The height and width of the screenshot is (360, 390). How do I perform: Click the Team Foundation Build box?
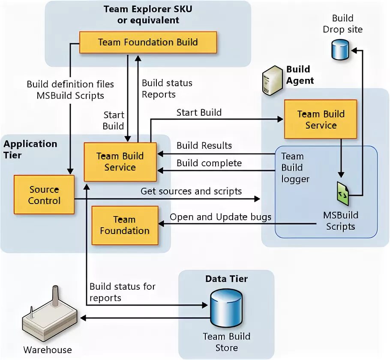point(148,42)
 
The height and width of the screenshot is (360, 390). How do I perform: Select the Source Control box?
point(44,195)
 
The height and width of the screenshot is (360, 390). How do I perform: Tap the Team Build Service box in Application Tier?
point(120,162)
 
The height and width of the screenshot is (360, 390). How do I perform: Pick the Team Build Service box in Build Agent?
point(321,120)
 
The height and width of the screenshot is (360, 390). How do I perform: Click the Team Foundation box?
point(124,225)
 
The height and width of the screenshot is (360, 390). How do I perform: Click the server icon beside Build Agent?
point(272,81)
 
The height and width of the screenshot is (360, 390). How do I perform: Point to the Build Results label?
point(204,146)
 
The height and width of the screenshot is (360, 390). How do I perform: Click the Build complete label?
point(209,163)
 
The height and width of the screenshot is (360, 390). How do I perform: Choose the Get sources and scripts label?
point(191,191)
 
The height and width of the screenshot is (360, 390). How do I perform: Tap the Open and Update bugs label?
point(220,217)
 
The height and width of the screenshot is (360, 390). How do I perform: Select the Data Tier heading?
point(226,279)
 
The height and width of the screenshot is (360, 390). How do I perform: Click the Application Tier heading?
point(30,149)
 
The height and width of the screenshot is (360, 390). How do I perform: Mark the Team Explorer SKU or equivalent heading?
point(148,15)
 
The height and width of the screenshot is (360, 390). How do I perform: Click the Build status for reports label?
point(122,292)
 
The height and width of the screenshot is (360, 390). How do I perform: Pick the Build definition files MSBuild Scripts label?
point(70,90)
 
